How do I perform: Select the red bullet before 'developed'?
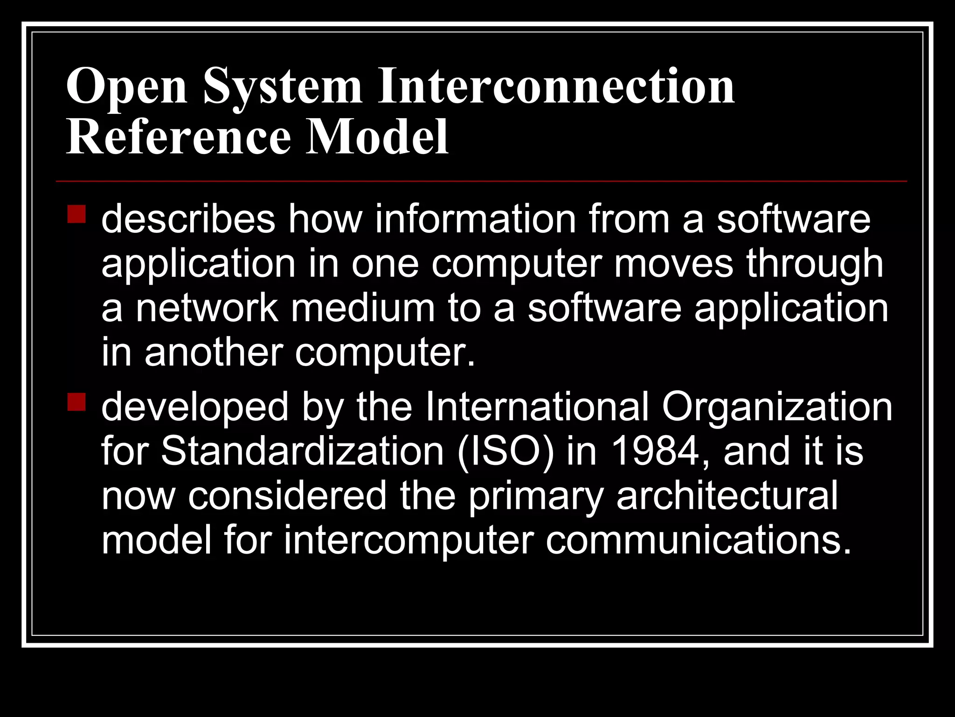click(x=76, y=402)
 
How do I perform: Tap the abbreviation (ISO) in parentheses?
click(x=506, y=452)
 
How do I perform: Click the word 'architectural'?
click(x=727, y=496)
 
